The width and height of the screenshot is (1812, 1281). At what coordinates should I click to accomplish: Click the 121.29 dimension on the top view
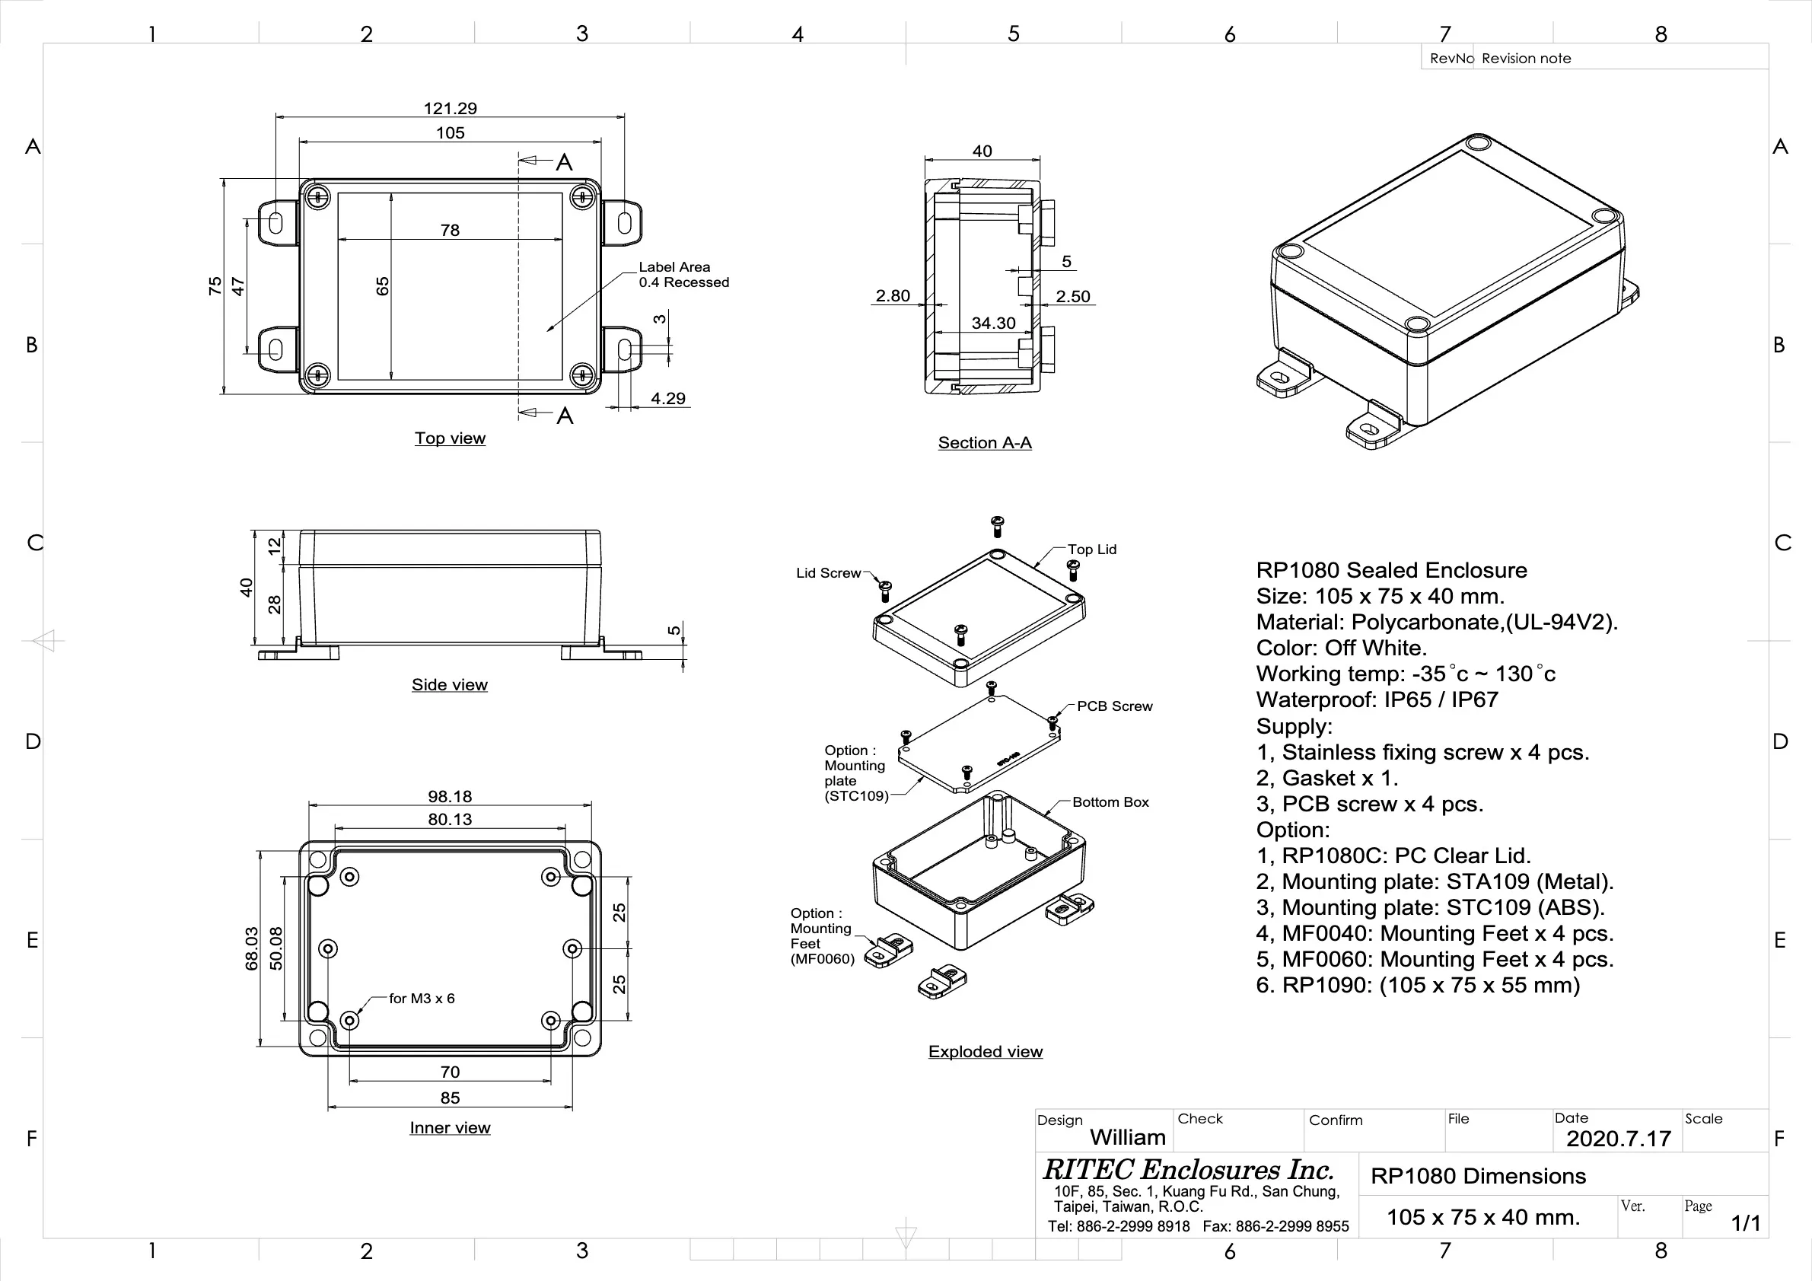(x=450, y=108)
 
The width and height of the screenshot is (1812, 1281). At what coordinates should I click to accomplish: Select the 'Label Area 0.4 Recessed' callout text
(x=683, y=275)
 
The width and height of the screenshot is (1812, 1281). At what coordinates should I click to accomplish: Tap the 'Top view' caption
(x=450, y=438)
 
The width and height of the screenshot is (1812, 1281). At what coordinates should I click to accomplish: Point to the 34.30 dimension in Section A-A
(x=993, y=323)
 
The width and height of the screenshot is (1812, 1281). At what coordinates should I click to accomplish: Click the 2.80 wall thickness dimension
(x=893, y=296)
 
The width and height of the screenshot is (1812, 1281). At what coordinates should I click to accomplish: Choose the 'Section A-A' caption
(x=984, y=443)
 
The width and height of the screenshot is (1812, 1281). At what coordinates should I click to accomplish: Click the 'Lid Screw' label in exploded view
(x=828, y=573)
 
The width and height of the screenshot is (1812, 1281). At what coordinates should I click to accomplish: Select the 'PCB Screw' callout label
(x=1114, y=706)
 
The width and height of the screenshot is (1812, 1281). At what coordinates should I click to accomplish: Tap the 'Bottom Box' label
(x=1110, y=802)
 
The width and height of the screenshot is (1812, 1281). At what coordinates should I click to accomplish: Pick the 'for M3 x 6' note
(x=422, y=999)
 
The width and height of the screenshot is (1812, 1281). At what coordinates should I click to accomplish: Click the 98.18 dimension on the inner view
(x=450, y=796)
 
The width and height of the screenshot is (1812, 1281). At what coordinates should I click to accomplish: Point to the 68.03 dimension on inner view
(x=252, y=948)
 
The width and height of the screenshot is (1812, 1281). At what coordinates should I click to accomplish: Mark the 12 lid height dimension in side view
(x=274, y=546)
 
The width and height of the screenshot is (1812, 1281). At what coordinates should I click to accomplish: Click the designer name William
(x=1127, y=1137)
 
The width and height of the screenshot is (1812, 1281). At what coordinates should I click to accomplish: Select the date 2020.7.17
(x=1618, y=1139)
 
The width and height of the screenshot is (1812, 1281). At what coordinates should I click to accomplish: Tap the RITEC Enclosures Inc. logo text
(x=1188, y=1169)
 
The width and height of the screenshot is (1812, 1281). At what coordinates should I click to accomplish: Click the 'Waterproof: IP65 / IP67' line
(x=1377, y=699)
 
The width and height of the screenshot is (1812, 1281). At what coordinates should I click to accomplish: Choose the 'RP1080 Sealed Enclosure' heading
(x=1390, y=570)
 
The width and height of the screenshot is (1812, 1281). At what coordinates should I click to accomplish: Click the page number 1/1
(x=1745, y=1222)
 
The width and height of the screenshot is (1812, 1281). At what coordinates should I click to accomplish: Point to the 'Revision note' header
(x=1526, y=59)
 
